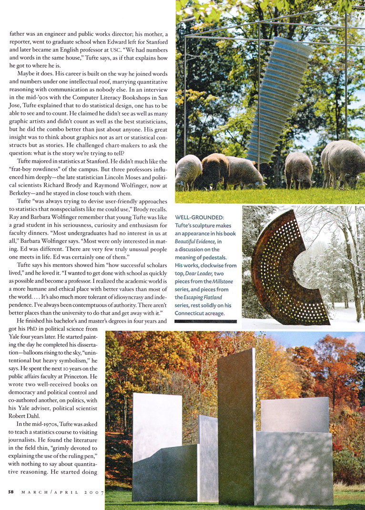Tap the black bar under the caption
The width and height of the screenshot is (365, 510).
point(205,322)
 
